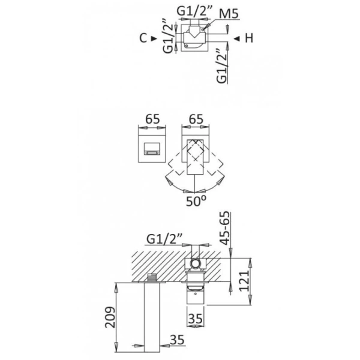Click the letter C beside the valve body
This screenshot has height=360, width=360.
143,38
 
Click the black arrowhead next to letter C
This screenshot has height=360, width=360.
155,38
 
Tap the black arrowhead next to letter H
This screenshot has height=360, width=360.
237,38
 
